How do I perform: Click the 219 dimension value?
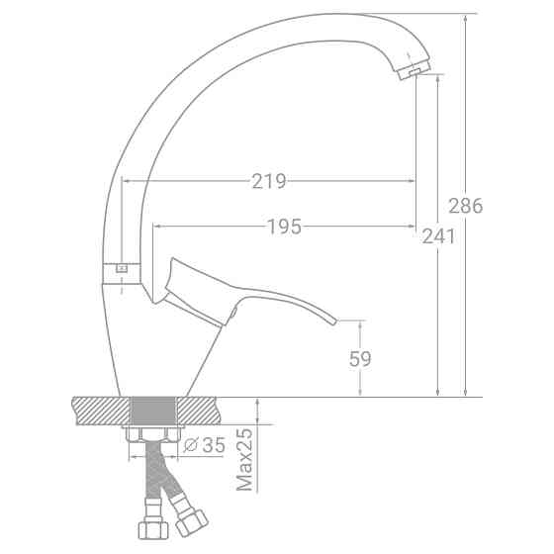pyautogui.click(x=269, y=181)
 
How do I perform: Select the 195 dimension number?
pyautogui.click(x=285, y=227)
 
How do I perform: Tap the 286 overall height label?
pyautogui.click(x=465, y=206)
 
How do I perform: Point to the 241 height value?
pyautogui.click(x=438, y=236)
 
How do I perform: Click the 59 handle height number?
pyautogui.click(x=360, y=359)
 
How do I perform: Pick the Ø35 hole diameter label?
pyautogui.click(x=205, y=445)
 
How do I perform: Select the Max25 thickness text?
pyautogui.click(x=244, y=459)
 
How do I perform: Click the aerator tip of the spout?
pyautogui.click(x=414, y=70)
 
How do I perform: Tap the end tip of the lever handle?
pyautogui.click(x=334, y=322)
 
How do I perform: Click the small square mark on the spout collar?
pyautogui.click(x=122, y=269)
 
